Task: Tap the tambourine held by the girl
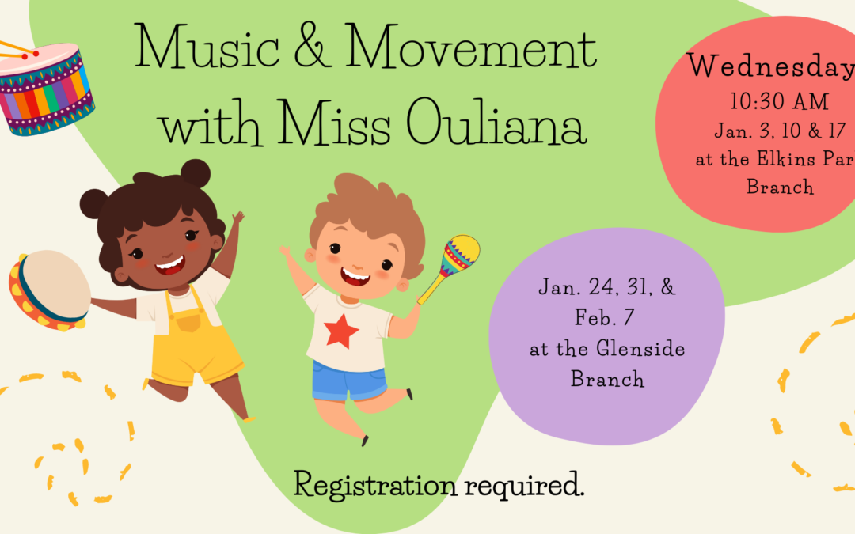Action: [49, 290]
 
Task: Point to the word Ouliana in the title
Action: [496, 123]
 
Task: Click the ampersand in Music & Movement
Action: [313, 47]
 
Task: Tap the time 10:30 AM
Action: [779, 101]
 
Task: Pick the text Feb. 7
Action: [605, 317]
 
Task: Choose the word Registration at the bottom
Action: [375, 484]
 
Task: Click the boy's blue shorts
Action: [349, 380]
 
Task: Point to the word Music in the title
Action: [207, 47]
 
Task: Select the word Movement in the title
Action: [471, 47]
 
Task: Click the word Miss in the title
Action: [334, 123]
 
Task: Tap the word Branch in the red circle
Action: [781, 187]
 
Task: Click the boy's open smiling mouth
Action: [355, 276]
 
